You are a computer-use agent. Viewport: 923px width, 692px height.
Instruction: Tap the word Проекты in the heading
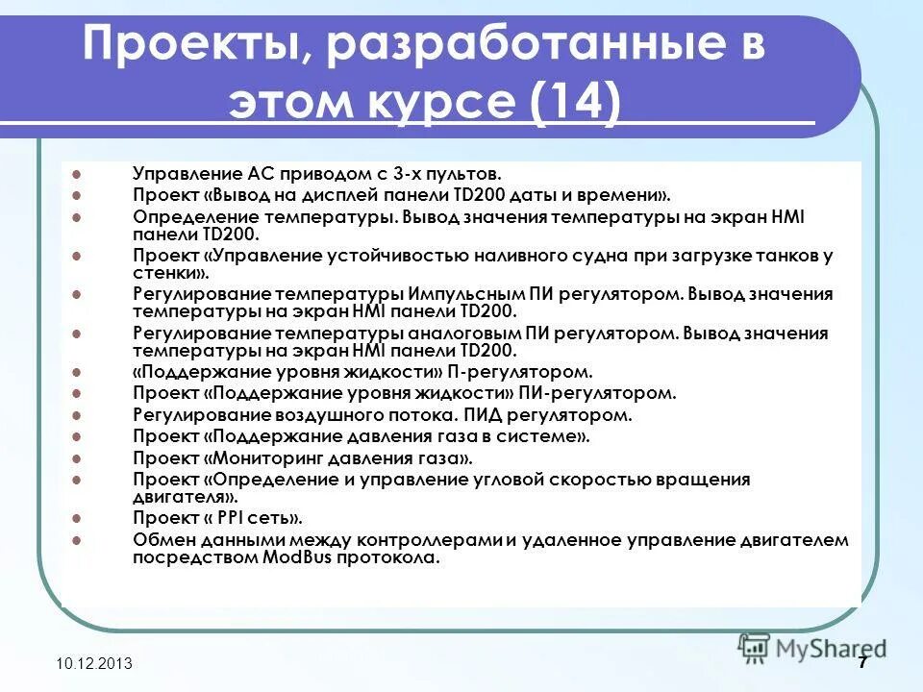[x=188, y=45]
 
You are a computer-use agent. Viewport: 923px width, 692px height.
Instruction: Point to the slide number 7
[x=862, y=663]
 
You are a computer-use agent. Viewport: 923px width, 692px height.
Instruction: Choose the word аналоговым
[x=475, y=334]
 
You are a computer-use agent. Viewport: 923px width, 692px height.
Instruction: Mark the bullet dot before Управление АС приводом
[x=76, y=174]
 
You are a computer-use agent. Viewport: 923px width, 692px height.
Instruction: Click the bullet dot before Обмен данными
[x=76, y=539]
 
